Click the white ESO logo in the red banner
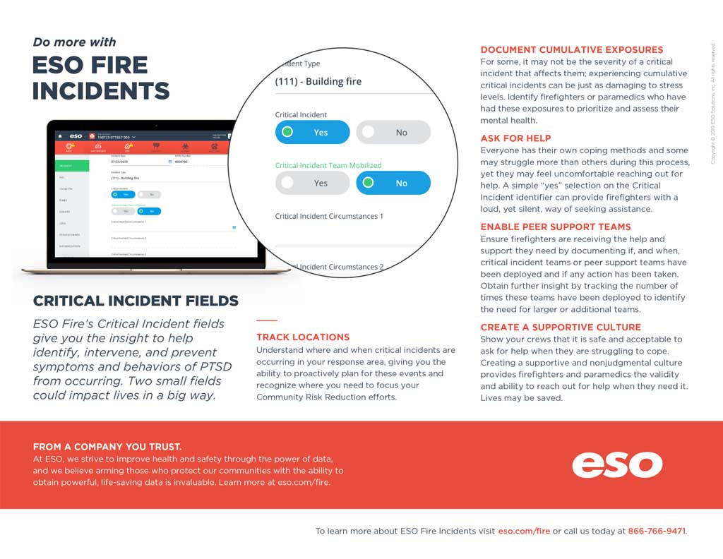pyautogui.click(x=617, y=464)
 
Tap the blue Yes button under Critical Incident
pyautogui.click(x=312, y=132)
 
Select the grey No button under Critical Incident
pyautogui.click(x=393, y=132)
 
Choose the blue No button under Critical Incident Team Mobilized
pyautogui.click(x=393, y=183)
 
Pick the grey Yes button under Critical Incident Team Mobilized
pyautogui.click(x=312, y=183)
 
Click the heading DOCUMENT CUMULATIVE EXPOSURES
pyautogui.click(x=572, y=50)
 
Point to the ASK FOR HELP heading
pyautogui.click(x=515, y=138)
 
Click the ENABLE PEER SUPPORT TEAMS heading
pyautogui.click(x=556, y=227)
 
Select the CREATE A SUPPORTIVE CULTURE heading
pyautogui.click(x=561, y=327)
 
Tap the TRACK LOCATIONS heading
pyautogui.click(x=303, y=337)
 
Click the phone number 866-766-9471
pyautogui.click(x=657, y=531)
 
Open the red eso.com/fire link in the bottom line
pyautogui.click(x=524, y=531)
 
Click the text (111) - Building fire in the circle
pyautogui.click(x=318, y=81)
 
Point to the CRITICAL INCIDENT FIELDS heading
pyautogui.click(x=136, y=301)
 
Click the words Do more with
pyautogui.click(x=74, y=42)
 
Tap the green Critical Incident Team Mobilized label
pyautogui.click(x=328, y=165)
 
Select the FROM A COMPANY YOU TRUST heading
pyautogui.click(x=107, y=447)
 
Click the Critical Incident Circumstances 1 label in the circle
pyautogui.click(x=329, y=216)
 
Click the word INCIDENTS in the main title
pyautogui.click(x=101, y=91)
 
